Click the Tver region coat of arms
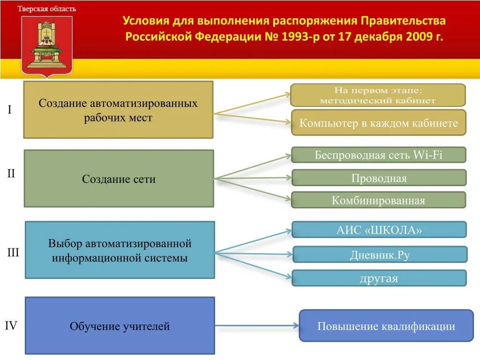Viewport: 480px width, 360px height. (x=47, y=45)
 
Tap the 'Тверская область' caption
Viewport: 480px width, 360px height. (x=47, y=9)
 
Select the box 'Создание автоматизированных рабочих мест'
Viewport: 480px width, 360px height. (x=118, y=110)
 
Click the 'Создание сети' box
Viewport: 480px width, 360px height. (x=119, y=179)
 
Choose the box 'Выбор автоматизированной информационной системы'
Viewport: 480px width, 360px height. (x=120, y=250)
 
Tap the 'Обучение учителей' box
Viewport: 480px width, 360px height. (x=120, y=326)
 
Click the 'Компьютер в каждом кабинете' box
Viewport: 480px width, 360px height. (x=378, y=123)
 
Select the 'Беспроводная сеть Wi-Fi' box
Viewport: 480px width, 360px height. (x=378, y=155)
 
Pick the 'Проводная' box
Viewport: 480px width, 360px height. (x=378, y=178)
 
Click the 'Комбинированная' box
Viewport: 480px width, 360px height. (x=378, y=201)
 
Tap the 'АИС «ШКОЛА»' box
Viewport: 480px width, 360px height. (x=379, y=230)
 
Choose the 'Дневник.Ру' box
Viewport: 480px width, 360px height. (x=380, y=255)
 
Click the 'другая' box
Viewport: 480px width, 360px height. (x=379, y=278)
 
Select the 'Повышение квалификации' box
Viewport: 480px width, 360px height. (x=386, y=326)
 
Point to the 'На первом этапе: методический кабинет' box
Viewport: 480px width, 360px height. (x=378, y=95)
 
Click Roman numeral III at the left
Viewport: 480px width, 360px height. (x=13, y=253)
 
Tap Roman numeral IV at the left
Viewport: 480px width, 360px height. (x=11, y=325)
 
